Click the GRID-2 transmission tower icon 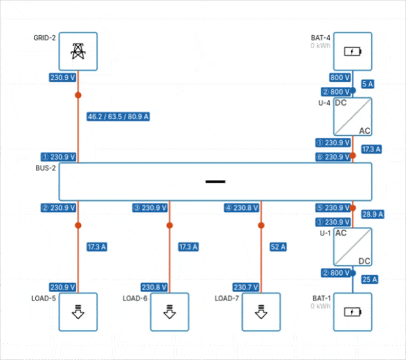point(78,52)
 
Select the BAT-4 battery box point(352,52)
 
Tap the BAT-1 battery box point(352,312)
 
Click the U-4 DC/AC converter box point(352,117)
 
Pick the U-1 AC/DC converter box point(352,247)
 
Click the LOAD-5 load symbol point(78,312)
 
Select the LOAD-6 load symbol point(170,312)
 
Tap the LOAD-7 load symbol point(261,312)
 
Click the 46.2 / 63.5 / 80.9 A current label point(118,117)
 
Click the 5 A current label point(367,84)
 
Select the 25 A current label point(369,279)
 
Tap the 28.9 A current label point(371,214)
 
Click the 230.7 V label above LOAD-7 point(245,287)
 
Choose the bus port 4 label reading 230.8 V point(242,208)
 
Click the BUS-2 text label point(46,168)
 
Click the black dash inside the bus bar point(215,181)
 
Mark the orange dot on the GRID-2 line point(78,95)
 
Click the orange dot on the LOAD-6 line point(170,226)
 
